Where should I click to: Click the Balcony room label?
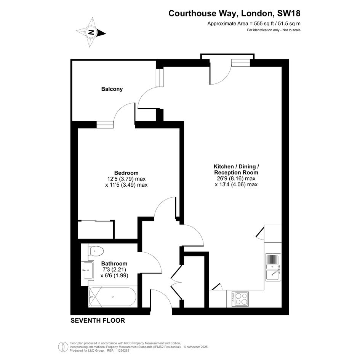[x=112, y=89]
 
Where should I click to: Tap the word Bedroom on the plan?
[x=126, y=173]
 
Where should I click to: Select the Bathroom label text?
[x=114, y=263]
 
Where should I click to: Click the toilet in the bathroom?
[x=97, y=251]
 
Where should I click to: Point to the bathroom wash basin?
[x=88, y=270]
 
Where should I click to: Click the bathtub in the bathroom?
[x=112, y=297]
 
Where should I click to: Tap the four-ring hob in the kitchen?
[x=240, y=299]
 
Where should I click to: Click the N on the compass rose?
[x=91, y=32]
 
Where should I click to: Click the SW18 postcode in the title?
[x=289, y=13]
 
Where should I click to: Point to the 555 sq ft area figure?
[x=263, y=23]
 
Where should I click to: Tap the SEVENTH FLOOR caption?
[x=98, y=320]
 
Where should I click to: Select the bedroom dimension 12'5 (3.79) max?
[x=126, y=179]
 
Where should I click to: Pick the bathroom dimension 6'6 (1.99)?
[x=114, y=275]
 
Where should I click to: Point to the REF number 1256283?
[x=123, y=350]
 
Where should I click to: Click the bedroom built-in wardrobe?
[x=96, y=230]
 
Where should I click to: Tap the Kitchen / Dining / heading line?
[x=236, y=166]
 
